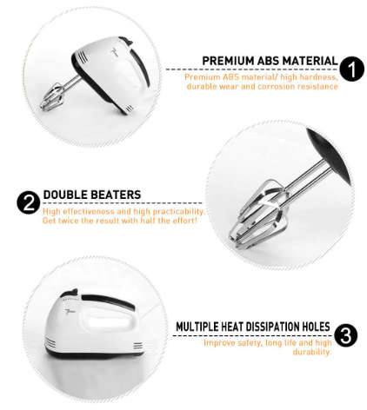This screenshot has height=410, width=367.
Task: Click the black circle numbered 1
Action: coord(351,69)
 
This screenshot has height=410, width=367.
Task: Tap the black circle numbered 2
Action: coord(28,203)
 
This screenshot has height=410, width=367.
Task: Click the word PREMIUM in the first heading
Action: coord(228,61)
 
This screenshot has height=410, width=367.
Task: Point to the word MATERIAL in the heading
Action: coord(308,61)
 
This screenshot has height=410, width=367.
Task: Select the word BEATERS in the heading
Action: coord(117,195)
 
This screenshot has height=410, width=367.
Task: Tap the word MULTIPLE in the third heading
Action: coord(204,327)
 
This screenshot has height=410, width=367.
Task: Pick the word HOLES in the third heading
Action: coord(315,327)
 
